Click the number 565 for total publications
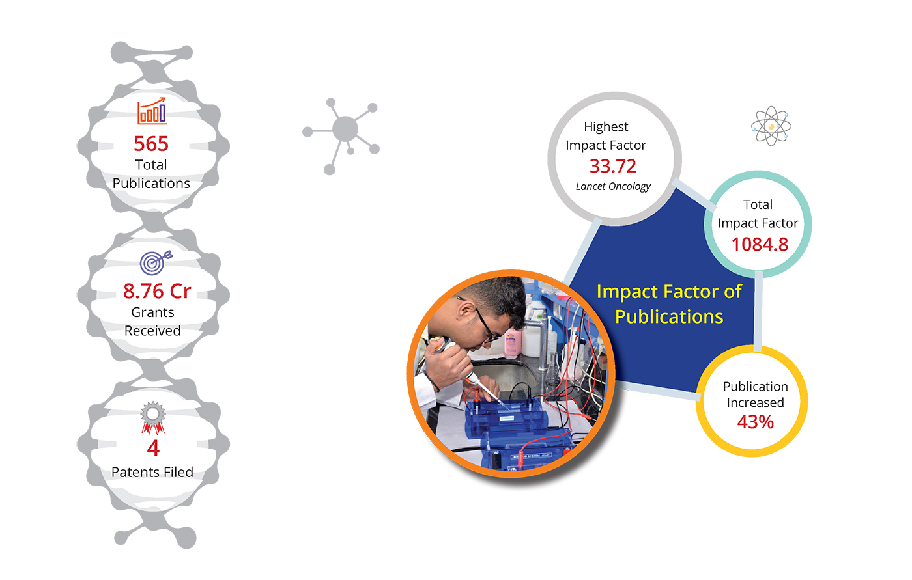[151, 144]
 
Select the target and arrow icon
[156, 262]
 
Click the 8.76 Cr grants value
[157, 291]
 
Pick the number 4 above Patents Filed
[153, 449]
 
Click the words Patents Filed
[152, 472]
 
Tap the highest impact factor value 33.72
[613, 166]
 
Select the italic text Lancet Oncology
[613, 186]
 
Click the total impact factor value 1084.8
[760, 245]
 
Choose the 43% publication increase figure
[755, 422]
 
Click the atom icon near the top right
[771, 126]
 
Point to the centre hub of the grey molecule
[345, 129]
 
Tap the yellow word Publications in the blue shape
[669, 316]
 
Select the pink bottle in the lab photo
[512, 343]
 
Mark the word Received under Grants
[152, 331]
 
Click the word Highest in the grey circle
[606, 127]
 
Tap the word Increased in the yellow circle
[755, 403]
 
